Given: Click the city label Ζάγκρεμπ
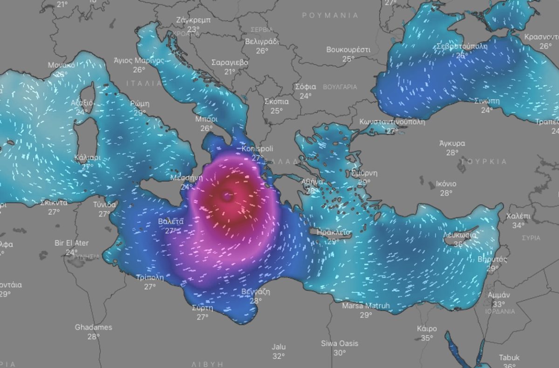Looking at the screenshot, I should click(x=193, y=20).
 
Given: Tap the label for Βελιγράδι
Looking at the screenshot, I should click(x=262, y=41).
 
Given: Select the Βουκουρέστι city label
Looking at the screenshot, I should click(x=348, y=49).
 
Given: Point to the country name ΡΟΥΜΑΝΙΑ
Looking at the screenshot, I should click(x=330, y=15).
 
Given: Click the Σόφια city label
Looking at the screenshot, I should click(x=306, y=87).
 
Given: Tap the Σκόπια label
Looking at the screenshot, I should click(x=276, y=102).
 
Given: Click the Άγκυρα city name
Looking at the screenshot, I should click(x=452, y=143).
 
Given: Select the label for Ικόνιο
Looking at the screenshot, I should click(x=446, y=184).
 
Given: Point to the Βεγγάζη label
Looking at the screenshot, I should click(x=255, y=292).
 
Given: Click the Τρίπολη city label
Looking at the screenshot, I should click(x=150, y=278).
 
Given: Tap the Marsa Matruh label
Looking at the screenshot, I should click(x=366, y=306).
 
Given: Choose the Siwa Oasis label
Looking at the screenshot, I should click(x=340, y=343).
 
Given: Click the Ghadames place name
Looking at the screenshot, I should click(x=93, y=327).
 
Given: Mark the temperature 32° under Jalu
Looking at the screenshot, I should click(x=279, y=356).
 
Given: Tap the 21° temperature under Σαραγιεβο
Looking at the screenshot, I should click(x=230, y=72).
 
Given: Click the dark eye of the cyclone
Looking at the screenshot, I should click(x=227, y=196).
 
